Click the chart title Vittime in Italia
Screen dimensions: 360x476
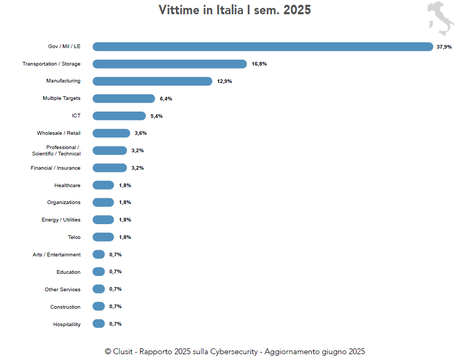(235, 10)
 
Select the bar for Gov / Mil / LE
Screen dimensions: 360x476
(263, 47)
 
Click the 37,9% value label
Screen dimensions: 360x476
(444, 47)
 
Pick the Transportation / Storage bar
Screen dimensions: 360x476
(170, 64)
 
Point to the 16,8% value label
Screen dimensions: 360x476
(259, 64)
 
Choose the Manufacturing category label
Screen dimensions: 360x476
(63, 81)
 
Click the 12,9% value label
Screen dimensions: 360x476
(225, 81)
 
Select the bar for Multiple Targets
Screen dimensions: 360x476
(124, 98)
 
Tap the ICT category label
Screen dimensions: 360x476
(76, 116)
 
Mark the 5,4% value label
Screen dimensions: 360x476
(156, 116)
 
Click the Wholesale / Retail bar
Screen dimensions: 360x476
(111, 133)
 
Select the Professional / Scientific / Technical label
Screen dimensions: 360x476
(57, 151)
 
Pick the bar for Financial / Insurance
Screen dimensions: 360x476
(109, 168)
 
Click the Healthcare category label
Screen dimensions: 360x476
(67, 186)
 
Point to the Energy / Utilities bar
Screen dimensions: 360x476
(103, 220)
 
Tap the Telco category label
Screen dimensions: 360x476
(74, 237)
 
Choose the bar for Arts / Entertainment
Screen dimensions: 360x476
(98, 254)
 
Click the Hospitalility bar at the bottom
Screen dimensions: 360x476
(98, 324)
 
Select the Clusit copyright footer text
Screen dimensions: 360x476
(235, 352)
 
